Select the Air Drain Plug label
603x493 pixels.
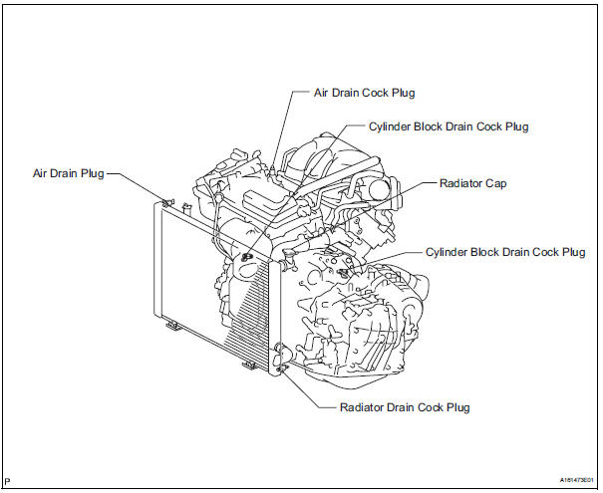tap(65, 172)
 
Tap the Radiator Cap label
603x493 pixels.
tap(472, 184)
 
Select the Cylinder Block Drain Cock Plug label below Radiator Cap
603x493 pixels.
tap(505, 253)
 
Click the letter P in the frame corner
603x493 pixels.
tap(8, 480)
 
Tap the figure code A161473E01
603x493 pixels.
tap(569, 480)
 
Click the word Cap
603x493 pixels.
tap(493, 184)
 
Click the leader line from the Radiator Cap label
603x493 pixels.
tap(414, 184)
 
